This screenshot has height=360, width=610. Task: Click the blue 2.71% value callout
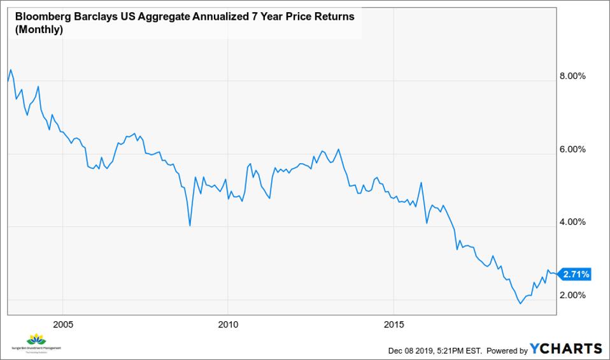pos(576,275)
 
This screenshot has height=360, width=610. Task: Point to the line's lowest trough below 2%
pos(520,303)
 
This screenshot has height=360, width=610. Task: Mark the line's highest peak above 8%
pos(11,69)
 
